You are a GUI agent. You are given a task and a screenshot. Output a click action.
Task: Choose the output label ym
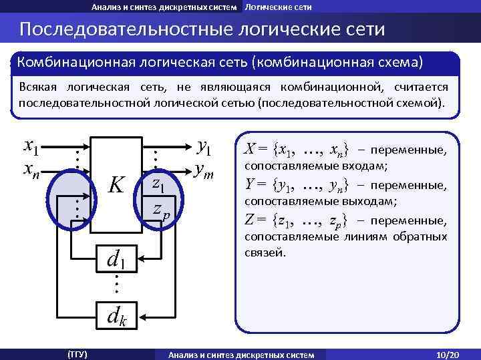[203, 172]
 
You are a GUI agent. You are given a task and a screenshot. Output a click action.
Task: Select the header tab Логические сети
[278, 7]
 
